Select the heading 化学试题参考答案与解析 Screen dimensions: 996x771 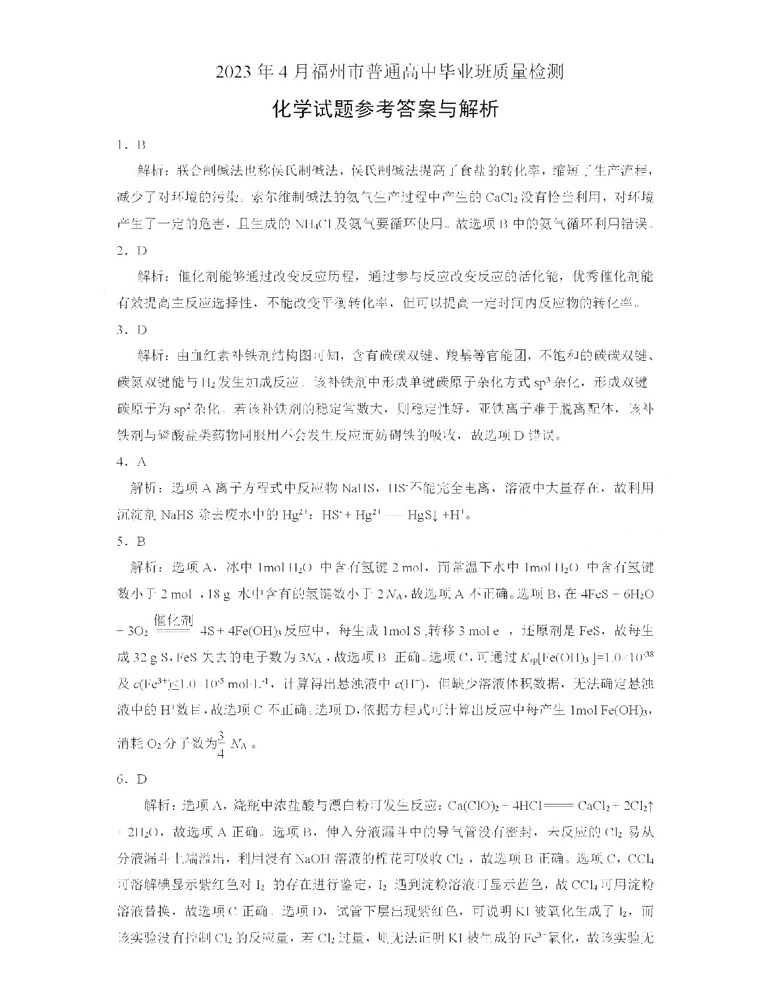click(x=385, y=109)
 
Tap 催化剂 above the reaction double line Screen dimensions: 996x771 click(x=174, y=619)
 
